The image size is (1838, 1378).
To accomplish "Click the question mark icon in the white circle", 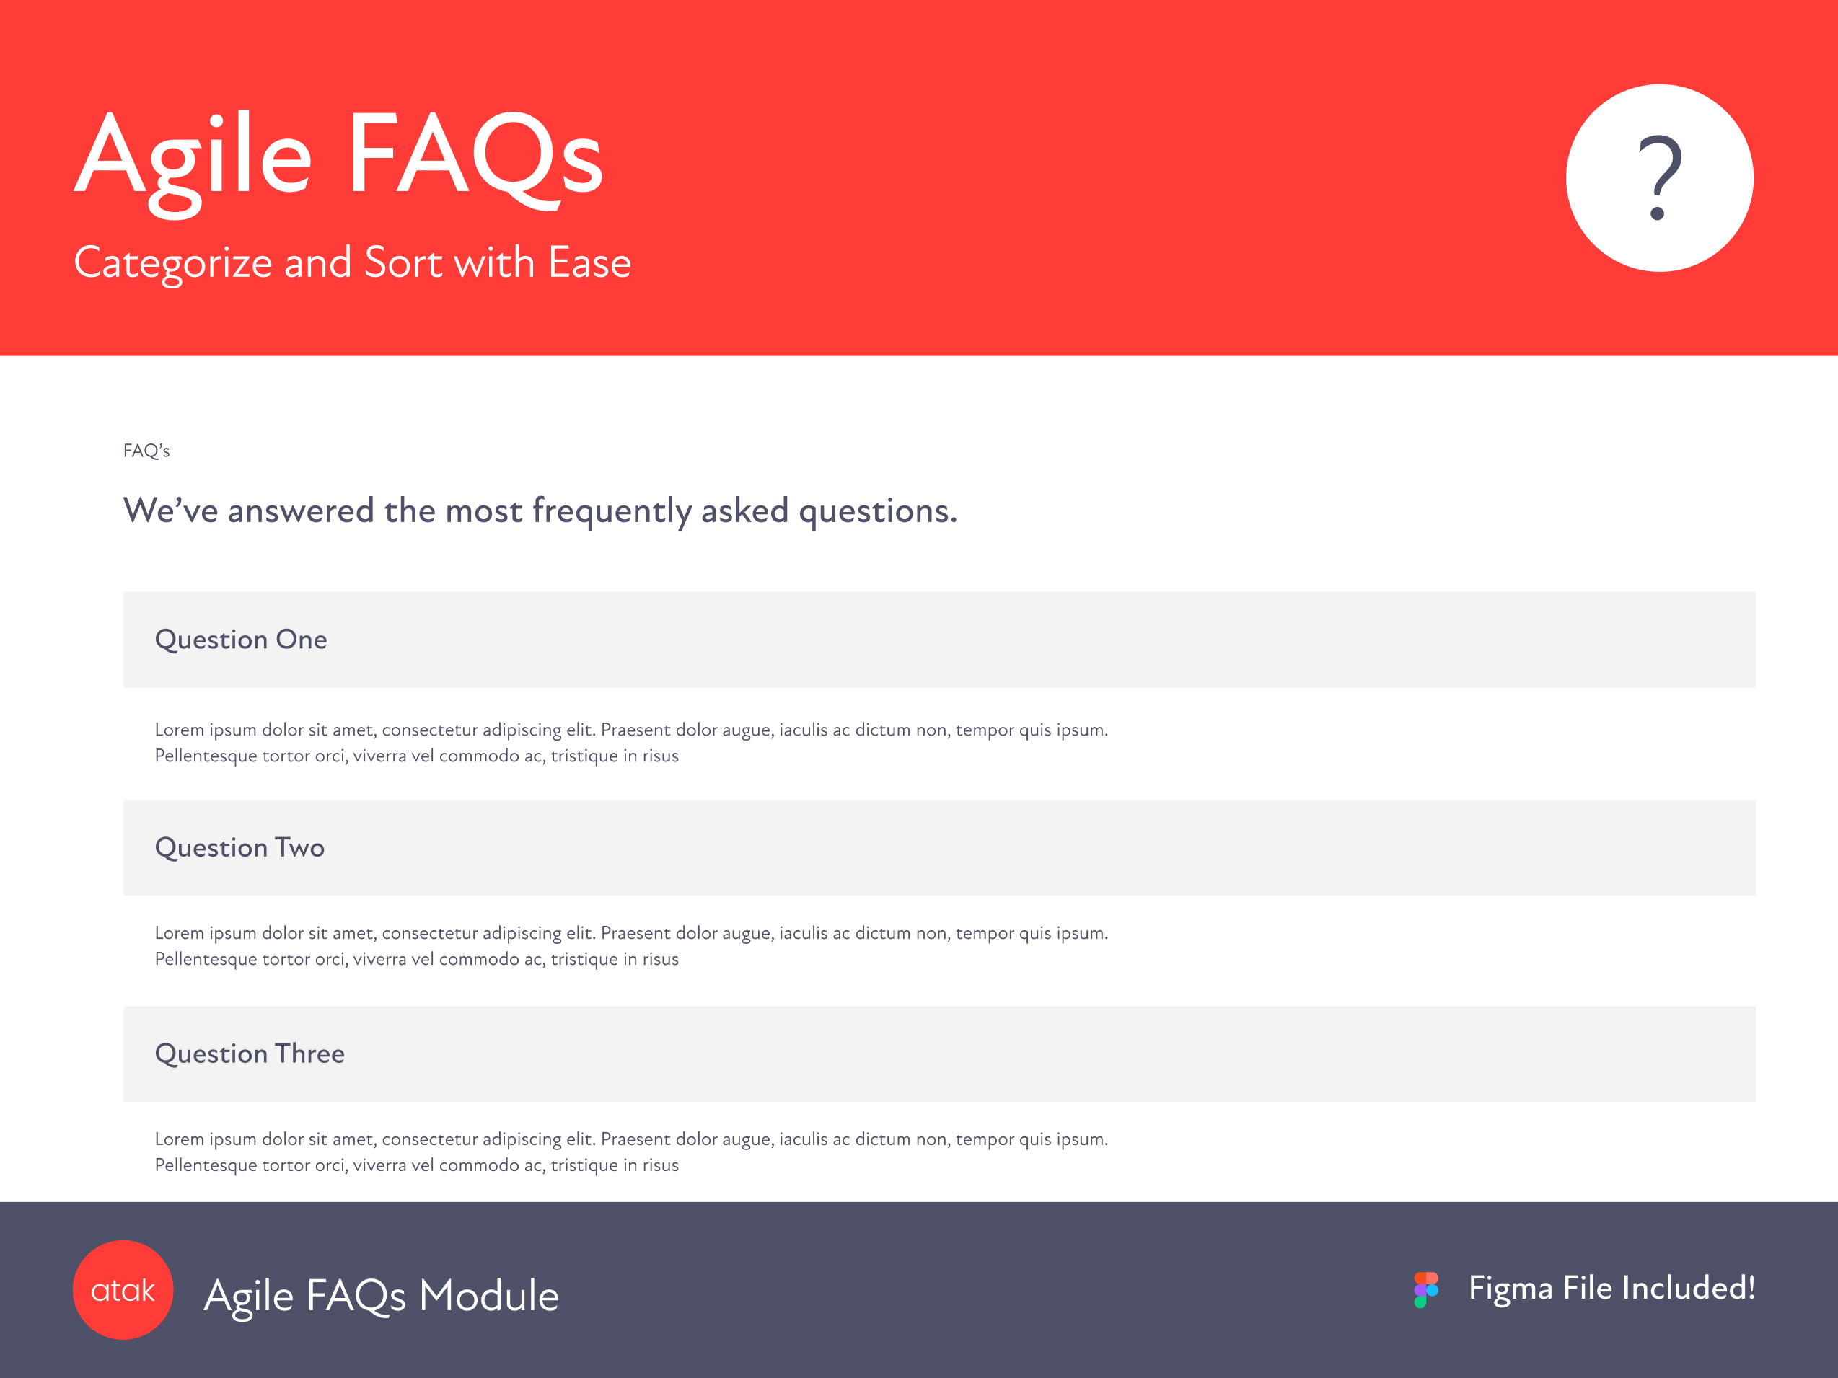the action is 1659,177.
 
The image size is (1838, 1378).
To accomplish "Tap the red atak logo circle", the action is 123,1289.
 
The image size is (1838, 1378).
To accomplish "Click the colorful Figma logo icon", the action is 1426,1289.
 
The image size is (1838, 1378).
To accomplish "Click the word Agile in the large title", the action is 193,162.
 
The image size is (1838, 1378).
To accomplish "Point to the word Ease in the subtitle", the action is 590,262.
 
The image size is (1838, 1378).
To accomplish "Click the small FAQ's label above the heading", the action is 146,450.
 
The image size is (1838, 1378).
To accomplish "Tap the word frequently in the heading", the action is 612,512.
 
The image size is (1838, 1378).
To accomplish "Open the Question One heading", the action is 241,640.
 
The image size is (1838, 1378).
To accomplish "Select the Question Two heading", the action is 240,847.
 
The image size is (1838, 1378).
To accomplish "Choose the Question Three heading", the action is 250,1054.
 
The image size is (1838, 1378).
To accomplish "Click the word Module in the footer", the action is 488,1295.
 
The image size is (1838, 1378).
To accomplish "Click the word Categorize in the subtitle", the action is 173,264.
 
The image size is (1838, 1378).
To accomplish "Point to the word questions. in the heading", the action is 879,513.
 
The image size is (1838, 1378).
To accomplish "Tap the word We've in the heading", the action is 171,510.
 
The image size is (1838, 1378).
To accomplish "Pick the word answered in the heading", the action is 301,510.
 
